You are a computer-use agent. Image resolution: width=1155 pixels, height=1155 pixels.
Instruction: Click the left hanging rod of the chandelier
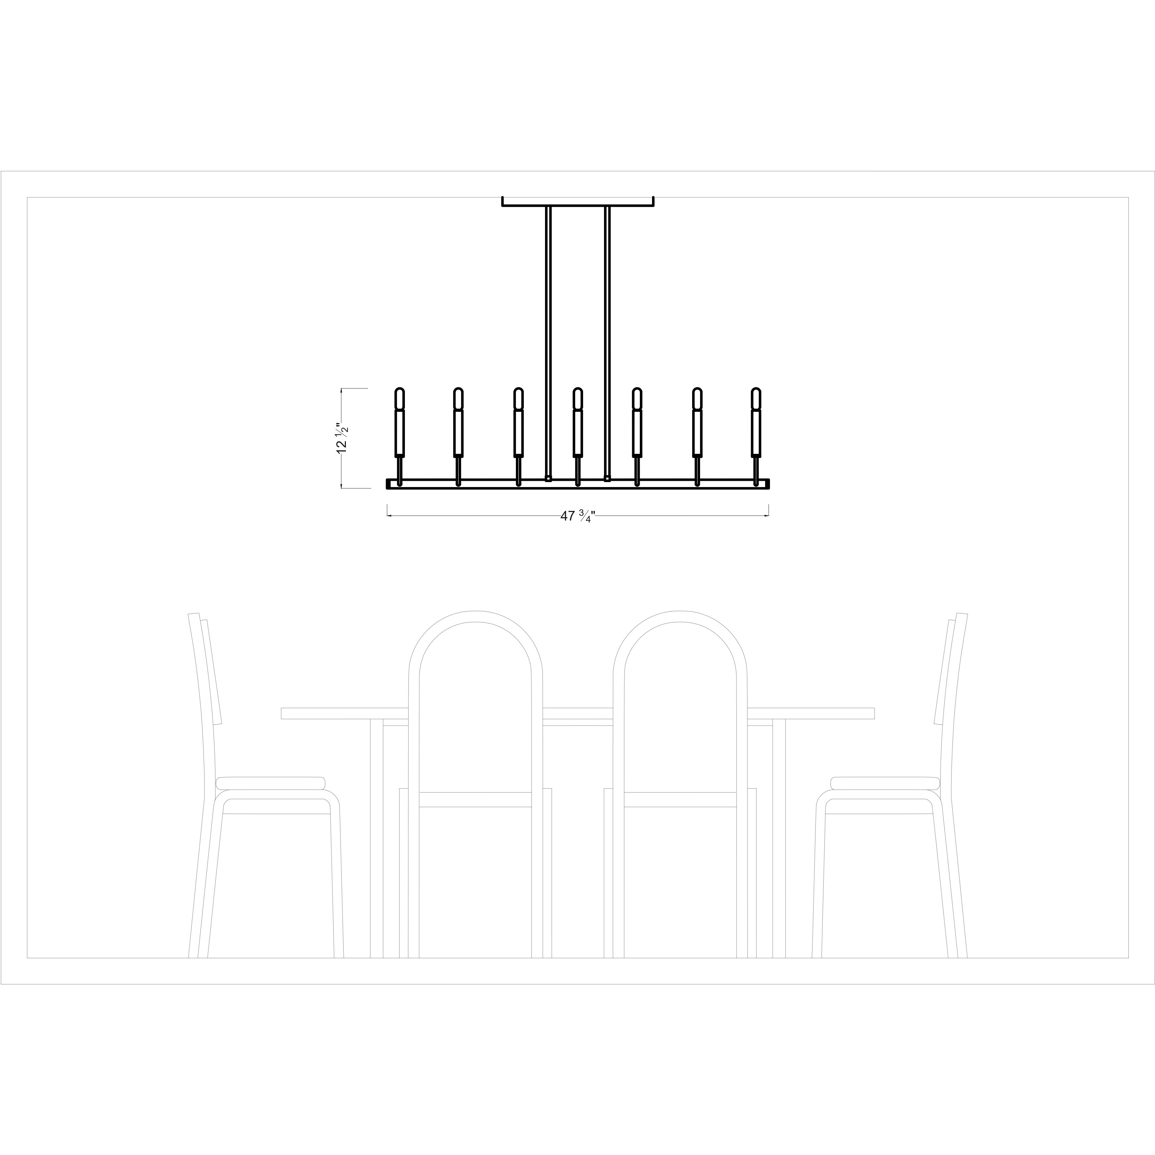pos(548,341)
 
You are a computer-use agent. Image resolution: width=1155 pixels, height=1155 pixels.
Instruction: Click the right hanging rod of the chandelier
pos(607,341)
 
